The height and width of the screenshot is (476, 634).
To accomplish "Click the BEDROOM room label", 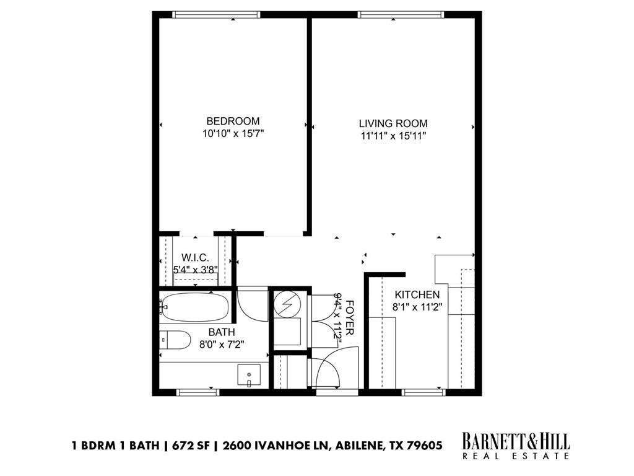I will [x=233, y=121].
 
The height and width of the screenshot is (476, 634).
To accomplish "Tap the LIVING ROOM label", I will [x=393, y=123].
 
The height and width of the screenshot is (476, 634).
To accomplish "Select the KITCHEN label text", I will [x=417, y=295].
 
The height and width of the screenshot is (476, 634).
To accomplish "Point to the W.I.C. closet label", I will [x=194, y=258].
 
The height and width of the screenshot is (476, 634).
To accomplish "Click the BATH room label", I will [x=221, y=332].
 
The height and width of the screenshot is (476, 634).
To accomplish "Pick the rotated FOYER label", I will [x=350, y=318].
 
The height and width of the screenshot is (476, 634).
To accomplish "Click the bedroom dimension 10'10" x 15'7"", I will [x=233, y=133].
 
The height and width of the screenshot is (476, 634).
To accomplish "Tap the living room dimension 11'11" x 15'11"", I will [x=393, y=136].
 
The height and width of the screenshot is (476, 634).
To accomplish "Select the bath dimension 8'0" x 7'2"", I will [x=221, y=344].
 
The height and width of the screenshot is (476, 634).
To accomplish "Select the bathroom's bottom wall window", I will [x=197, y=392].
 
